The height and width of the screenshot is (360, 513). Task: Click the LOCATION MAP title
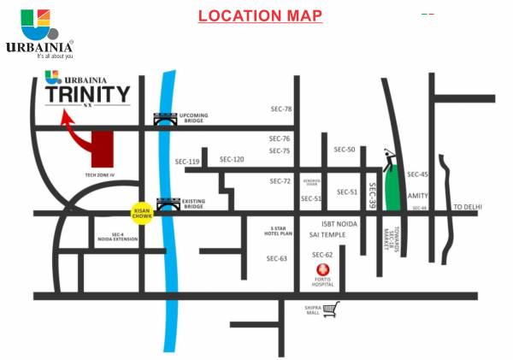260,15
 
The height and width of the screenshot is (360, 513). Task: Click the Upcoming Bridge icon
162,121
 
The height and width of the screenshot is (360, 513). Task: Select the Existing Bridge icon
167,204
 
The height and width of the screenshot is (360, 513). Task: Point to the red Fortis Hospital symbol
322,274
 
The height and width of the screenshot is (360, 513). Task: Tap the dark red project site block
103,150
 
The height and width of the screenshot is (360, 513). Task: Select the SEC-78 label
280,109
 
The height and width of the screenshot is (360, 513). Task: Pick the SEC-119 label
187,162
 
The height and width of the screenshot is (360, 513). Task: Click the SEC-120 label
232,159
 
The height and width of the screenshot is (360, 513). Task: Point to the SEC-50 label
345,150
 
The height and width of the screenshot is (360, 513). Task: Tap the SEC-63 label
277,258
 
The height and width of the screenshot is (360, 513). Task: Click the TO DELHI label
469,207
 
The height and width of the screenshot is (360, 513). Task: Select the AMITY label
418,196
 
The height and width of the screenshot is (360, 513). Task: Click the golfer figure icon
390,156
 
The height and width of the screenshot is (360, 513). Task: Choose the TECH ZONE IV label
100,174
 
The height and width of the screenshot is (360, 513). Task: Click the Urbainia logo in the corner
39,33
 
